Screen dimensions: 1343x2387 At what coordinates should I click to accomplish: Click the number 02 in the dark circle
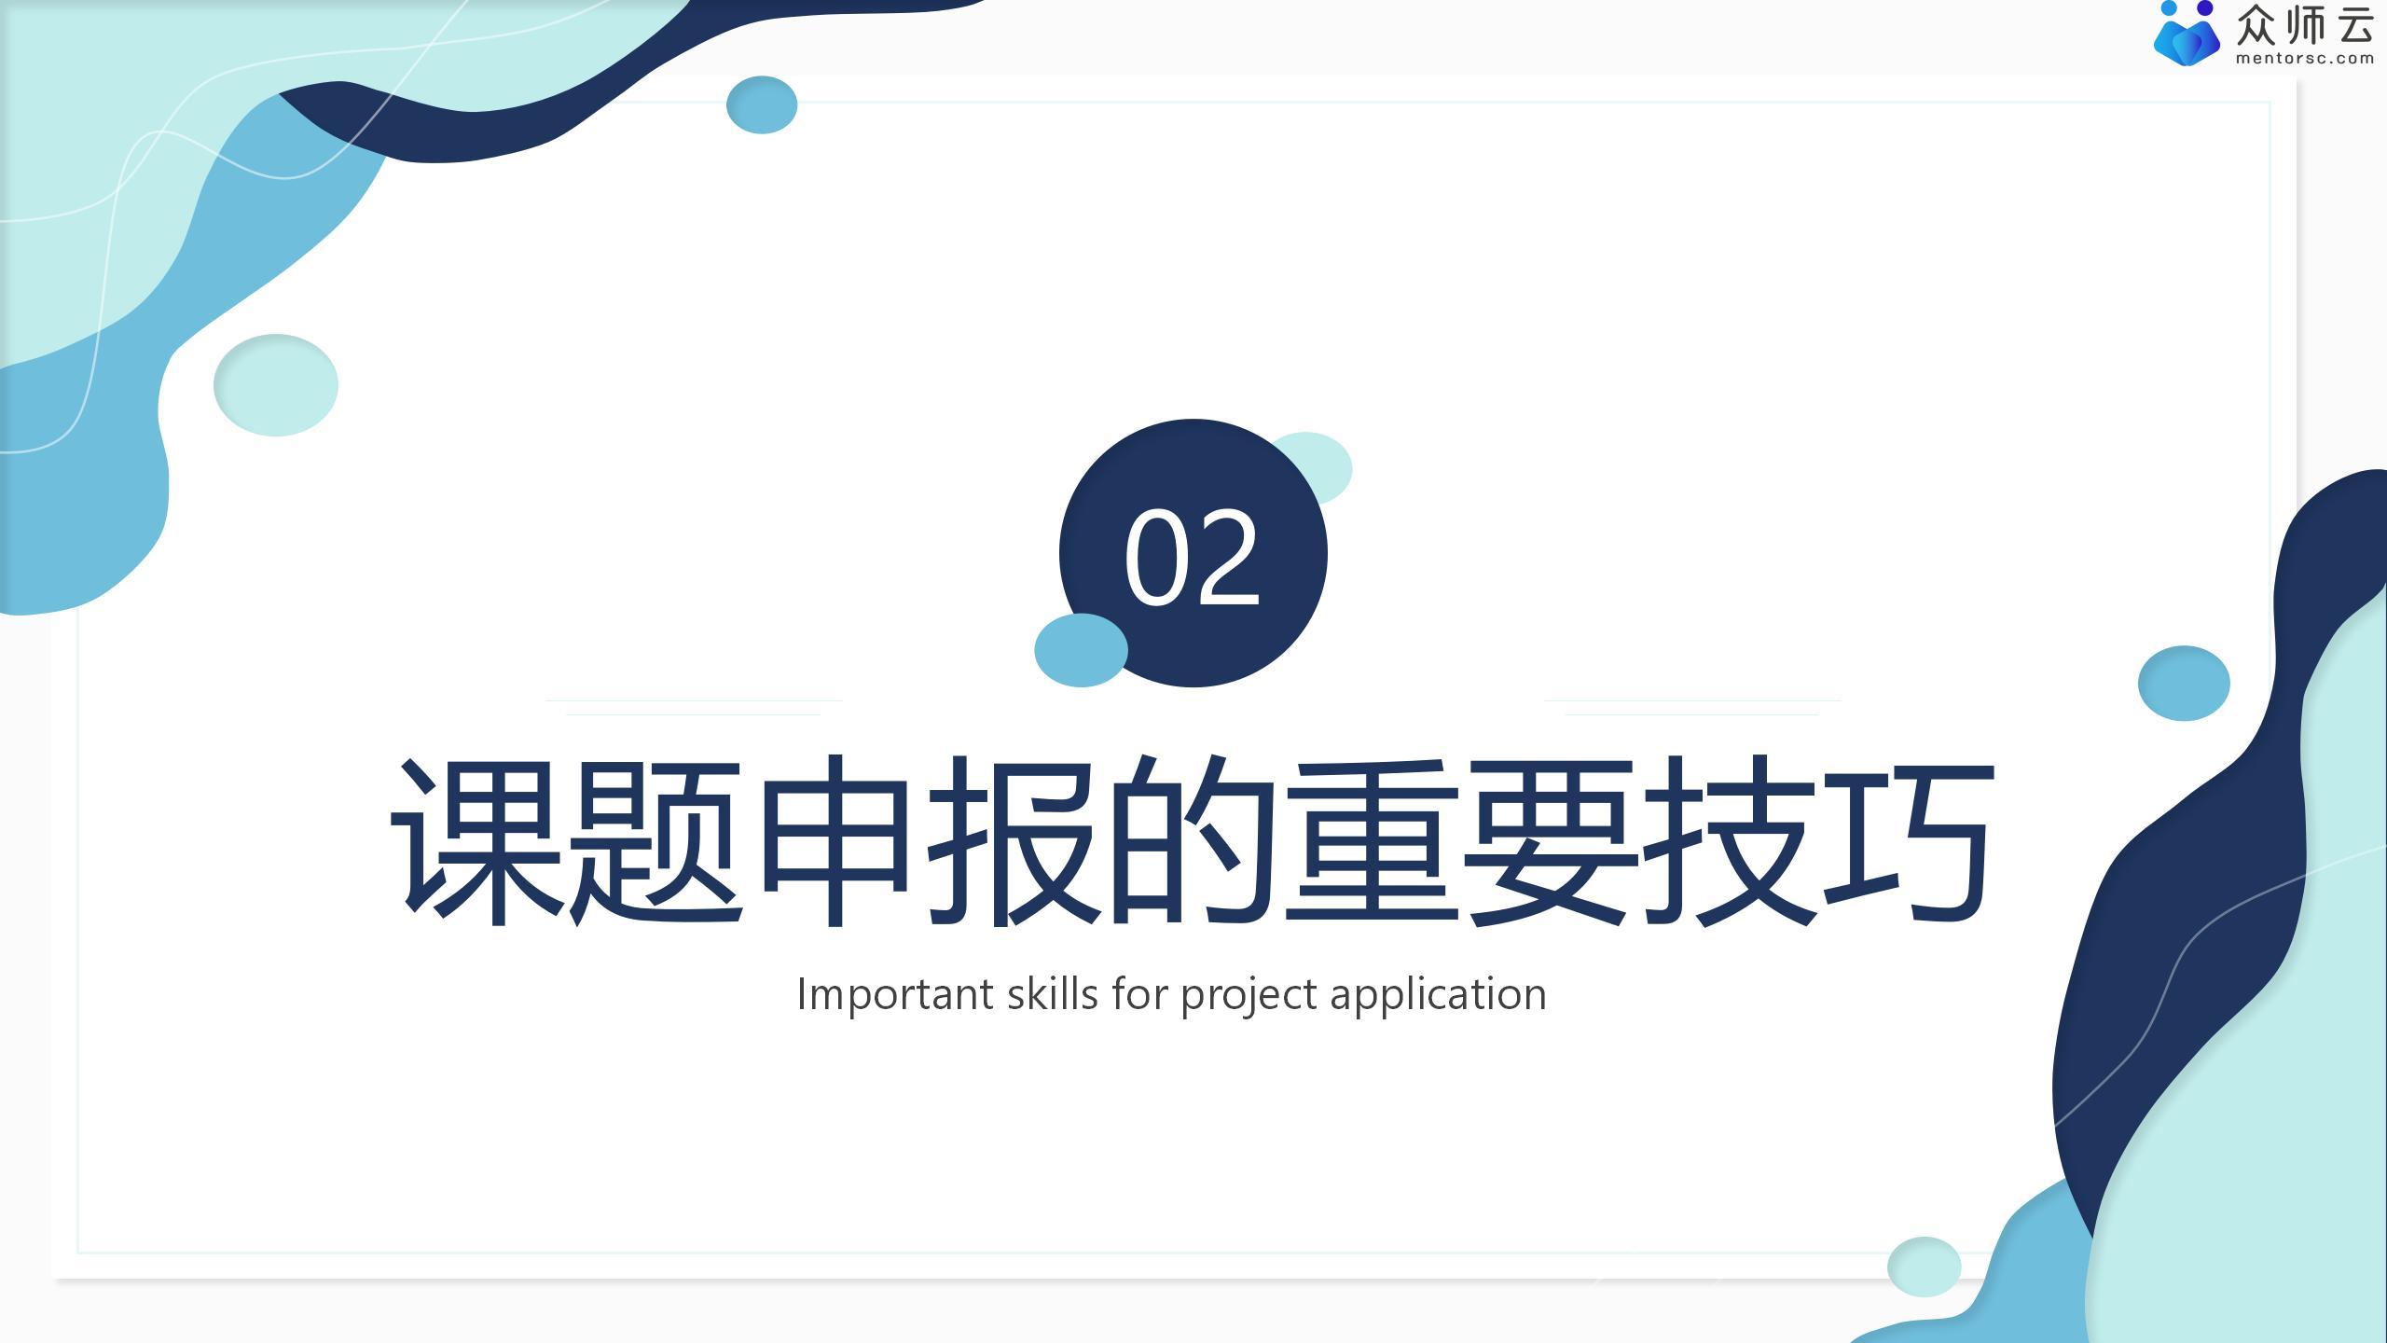(1193, 557)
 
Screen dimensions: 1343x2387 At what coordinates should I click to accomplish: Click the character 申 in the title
(835, 840)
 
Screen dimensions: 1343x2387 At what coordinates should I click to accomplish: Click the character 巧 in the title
(1907, 840)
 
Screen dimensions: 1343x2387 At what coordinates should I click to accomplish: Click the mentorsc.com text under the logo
(2304, 59)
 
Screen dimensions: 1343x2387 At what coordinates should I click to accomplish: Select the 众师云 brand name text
(2304, 24)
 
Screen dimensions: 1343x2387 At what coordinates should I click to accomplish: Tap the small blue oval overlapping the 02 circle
(1081, 650)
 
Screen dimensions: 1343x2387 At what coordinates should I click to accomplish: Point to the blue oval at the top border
(762, 104)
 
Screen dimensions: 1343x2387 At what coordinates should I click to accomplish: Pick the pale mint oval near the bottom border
(1924, 1267)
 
